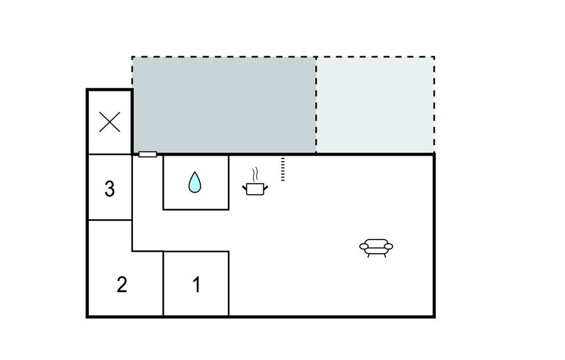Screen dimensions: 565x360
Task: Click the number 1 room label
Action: pyautogui.click(x=197, y=284)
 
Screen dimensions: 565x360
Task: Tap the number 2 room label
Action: pyautogui.click(x=122, y=284)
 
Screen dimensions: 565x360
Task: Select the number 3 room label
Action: pyautogui.click(x=110, y=189)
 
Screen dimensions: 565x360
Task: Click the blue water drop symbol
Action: pyautogui.click(x=195, y=182)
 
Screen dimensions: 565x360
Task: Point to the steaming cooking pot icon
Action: pyautogui.click(x=255, y=182)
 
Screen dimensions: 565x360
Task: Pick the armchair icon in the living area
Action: pyautogui.click(x=376, y=248)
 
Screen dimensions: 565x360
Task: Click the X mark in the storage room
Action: pyautogui.click(x=110, y=122)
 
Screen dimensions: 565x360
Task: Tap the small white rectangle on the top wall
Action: pyautogui.click(x=148, y=155)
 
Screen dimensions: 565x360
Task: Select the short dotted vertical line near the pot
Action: pyautogui.click(x=283, y=169)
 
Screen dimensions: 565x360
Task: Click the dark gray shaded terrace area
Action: pyautogui.click(x=224, y=104)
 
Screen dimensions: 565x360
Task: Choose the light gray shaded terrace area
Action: pyautogui.click(x=375, y=104)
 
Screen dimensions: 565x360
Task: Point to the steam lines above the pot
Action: pyautogui.click(x=255, y=174)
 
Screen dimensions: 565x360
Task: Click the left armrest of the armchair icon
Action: pyautogui.click(x=364, y=246)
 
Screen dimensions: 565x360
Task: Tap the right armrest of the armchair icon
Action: pyautogui.click(x=388, y=246)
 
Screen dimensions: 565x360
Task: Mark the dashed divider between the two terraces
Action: pyautogui.click(x=316, y=104)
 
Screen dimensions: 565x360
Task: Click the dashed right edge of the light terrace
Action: pyautogui.click(x=434, y=104)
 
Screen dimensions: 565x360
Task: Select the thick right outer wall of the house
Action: pyautogui.click(x=434, y=235)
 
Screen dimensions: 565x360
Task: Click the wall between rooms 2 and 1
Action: pyautogui.click(x=163, y=283)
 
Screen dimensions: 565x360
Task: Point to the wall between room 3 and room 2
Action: pyautogui.click(x=110, y=220)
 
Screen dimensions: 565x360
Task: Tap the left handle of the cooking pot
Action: pyautogui.click(x=244, y=188)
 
